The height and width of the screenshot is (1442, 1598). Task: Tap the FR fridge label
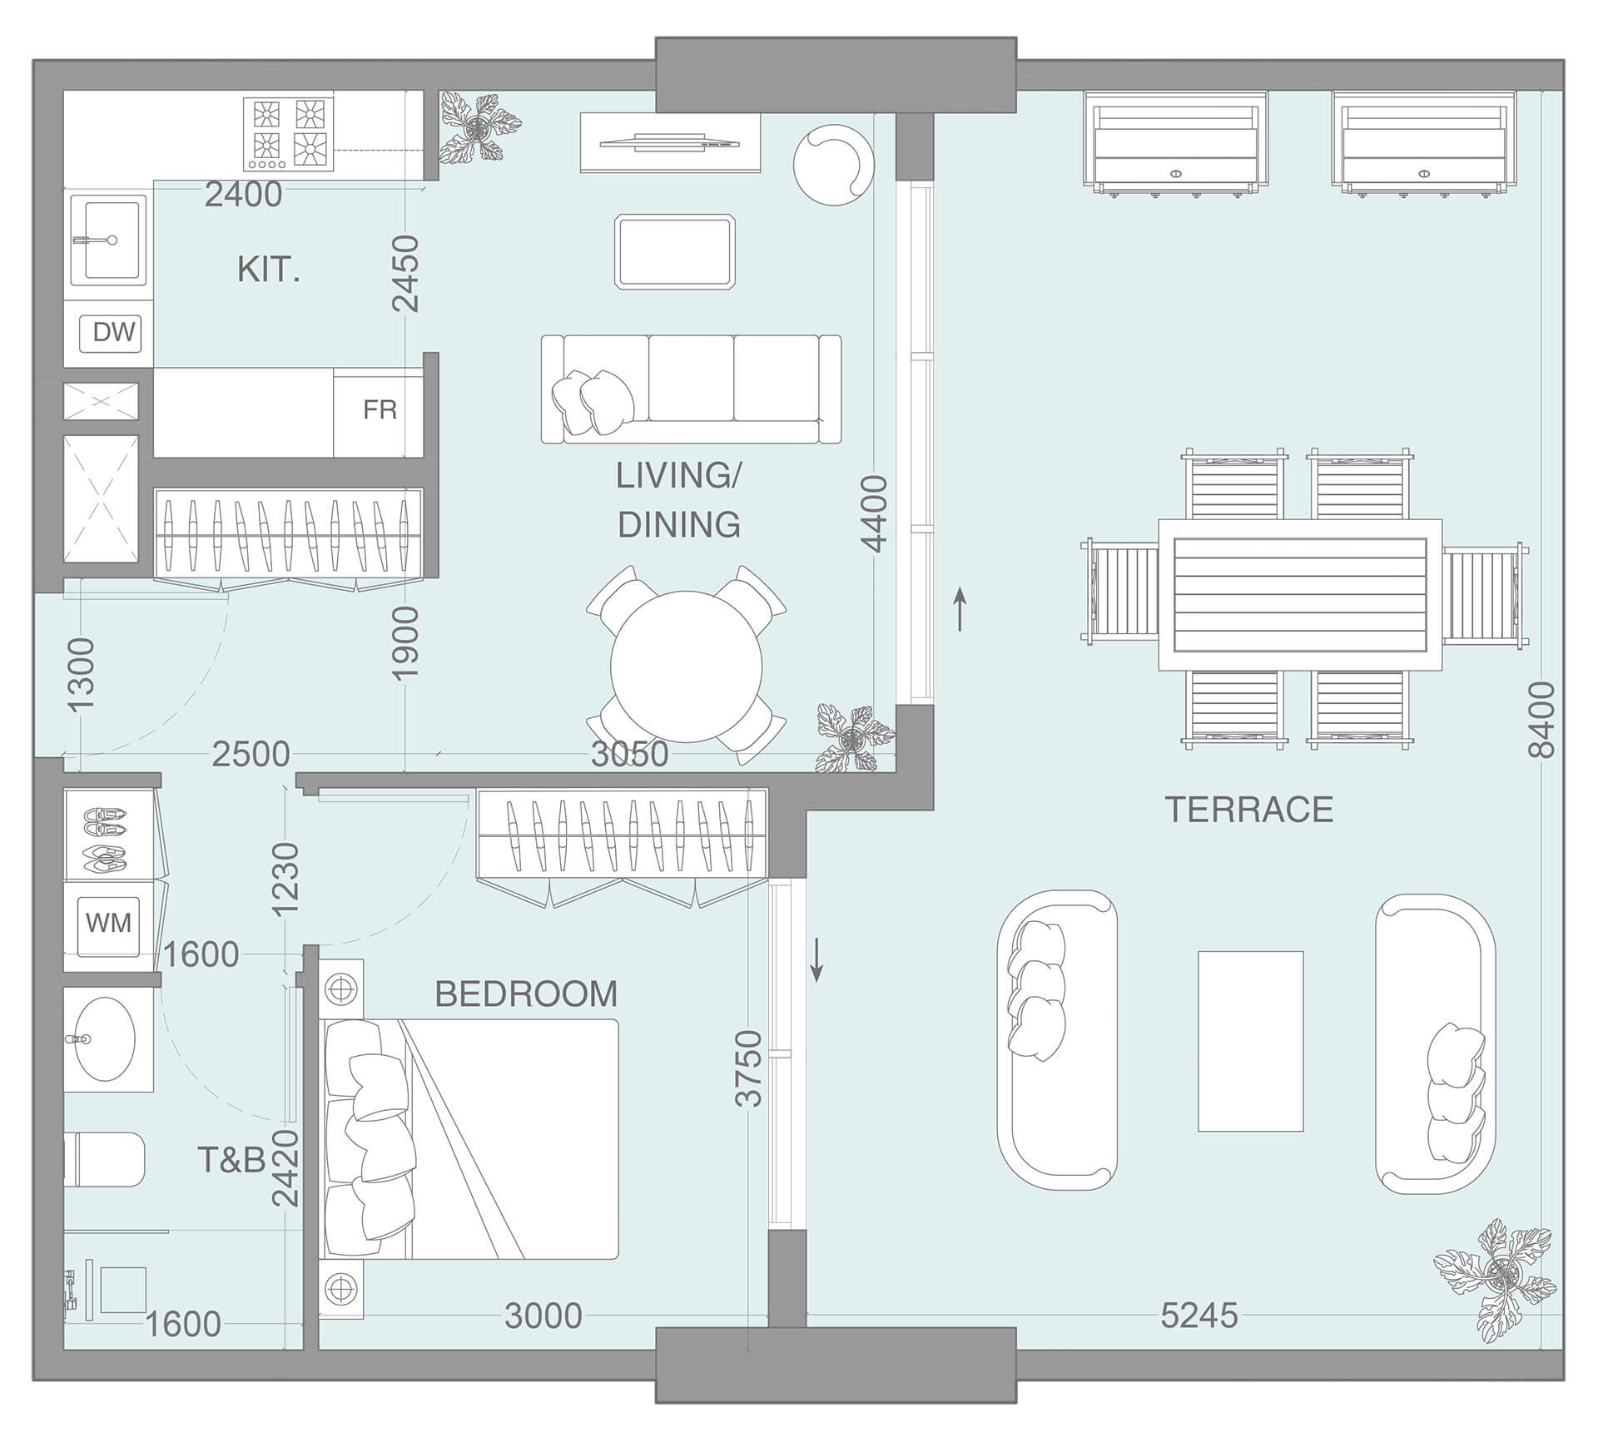click(x=380, y=410)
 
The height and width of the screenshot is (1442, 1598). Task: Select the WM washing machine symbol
click(x=108, y=923)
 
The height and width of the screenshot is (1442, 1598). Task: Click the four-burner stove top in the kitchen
click(x=289, y=134)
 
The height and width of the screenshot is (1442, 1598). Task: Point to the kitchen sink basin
click(x=108, y=240)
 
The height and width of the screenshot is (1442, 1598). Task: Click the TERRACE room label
click(x=1248, y=810)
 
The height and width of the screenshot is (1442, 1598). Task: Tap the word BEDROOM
click(x=526, y=994)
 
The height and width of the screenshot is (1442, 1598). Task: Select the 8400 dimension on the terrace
click(x=1541, y=720)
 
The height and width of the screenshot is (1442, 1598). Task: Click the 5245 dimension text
click(x=1198, y=1316)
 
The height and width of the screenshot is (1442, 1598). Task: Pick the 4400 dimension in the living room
click(x=875, y=514)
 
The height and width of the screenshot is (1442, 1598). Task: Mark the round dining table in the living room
click(x=686, y=666)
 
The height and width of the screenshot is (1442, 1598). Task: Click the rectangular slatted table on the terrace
click(x=1299, y=594)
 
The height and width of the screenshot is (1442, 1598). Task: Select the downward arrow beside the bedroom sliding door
click(x=817, y=959)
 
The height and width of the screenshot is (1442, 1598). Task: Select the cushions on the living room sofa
click(x=593, y=403)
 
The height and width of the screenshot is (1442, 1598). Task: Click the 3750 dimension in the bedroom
click(x=749, y=1069)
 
